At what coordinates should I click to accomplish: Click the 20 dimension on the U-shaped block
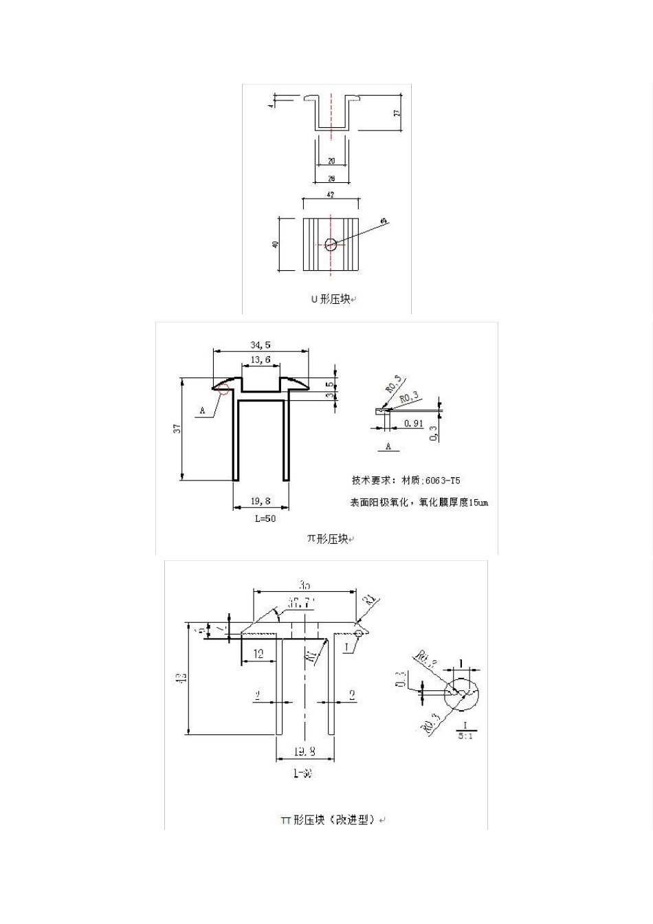click(x=331, y=161)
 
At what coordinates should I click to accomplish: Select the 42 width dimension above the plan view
click(x=331, y=195)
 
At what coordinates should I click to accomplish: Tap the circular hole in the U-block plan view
click(x=331, y=243)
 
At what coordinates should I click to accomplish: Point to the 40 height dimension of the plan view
click(x=276, y=243)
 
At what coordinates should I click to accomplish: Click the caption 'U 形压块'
click(x=330, y=299)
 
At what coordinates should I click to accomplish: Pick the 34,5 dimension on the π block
click(x=260, y=344)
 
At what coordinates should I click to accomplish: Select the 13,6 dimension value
click(x=261, y=360)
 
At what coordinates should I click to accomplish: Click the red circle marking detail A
click(x=222, y=389)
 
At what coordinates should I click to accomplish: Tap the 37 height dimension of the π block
click(x=177, y=428)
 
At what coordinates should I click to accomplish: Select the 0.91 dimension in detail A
click(x=414, y=423)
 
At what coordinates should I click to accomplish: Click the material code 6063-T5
click(x=447, y=480)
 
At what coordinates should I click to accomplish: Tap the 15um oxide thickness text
click(x=478, y=503)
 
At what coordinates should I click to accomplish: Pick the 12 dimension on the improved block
click(x=258, y=654)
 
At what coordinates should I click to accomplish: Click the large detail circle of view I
click(x=463, y=694)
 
